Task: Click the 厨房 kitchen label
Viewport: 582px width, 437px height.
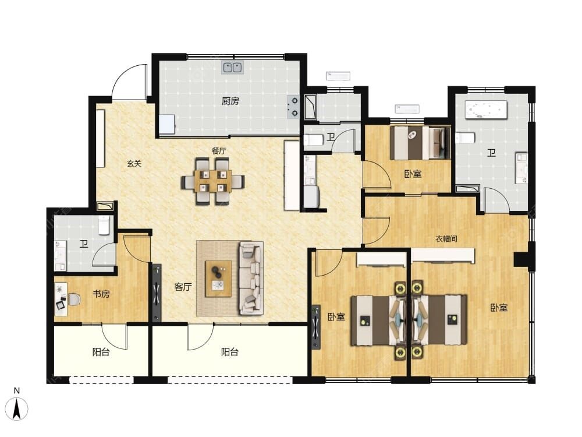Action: point(230,101)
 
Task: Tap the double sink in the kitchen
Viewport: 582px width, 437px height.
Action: point(232,67)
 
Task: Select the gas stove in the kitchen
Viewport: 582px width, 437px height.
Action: point(293,107)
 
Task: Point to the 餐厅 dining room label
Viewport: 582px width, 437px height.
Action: point(219,151)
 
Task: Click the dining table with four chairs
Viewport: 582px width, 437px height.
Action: point(212,181)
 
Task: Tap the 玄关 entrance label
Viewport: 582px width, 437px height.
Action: point(134,163)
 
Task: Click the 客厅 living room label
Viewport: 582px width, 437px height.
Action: point(183,287)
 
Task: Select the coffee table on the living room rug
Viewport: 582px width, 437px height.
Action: point(218,279)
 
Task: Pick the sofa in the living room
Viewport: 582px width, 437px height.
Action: point(250,278)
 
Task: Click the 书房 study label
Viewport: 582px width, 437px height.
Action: point(101,294)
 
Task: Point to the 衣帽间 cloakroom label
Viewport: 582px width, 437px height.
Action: point(446,238)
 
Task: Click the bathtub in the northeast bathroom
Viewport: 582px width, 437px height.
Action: point(486,110)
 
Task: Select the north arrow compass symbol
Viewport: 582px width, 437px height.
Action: point(17,408)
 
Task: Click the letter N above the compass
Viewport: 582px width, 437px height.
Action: point(17,390)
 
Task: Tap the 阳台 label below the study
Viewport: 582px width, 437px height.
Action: point(101,351)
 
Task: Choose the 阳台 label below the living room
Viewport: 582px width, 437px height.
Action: point(229,351)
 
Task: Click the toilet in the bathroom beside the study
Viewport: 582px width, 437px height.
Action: point(104,225)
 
